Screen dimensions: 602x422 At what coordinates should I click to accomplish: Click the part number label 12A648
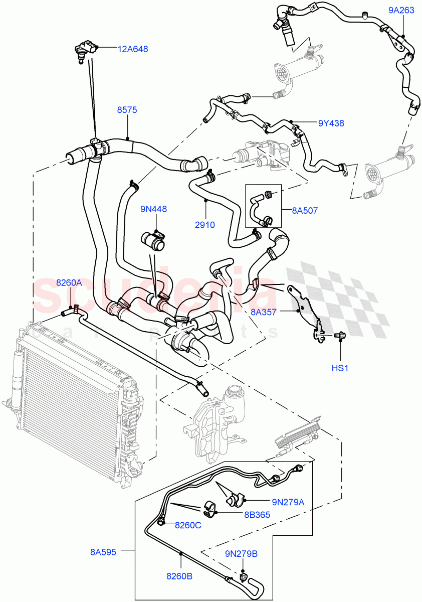[x=133, y=49]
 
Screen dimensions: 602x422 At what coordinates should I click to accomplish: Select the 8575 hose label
[x=127, y=110]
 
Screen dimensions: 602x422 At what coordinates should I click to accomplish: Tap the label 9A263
[x=401, y=10]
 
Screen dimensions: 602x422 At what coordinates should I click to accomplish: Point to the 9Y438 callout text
[x=331, y=123]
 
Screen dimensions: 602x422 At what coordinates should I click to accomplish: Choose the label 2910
[x=204, y=225]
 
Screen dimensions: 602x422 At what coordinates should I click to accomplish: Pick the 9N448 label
[x=154, y=209]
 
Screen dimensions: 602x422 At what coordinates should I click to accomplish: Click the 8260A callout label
[x=69, y=283]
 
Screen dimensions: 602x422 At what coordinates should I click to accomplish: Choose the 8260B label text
[x=179, y=576]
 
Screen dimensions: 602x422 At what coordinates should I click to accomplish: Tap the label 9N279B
[x=241, y=554]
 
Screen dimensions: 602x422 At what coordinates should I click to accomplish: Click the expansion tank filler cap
[x=235, y=391]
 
